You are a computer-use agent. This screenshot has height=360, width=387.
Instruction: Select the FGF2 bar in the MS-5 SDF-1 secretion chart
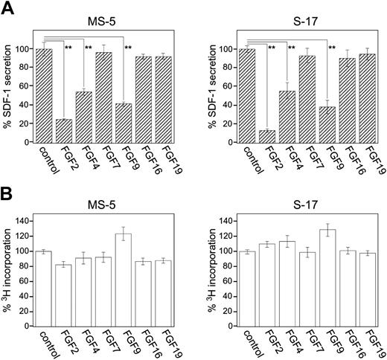tap(65, 120)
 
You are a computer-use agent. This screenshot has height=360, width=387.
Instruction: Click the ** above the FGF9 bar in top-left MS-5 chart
tap(128, 49)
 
